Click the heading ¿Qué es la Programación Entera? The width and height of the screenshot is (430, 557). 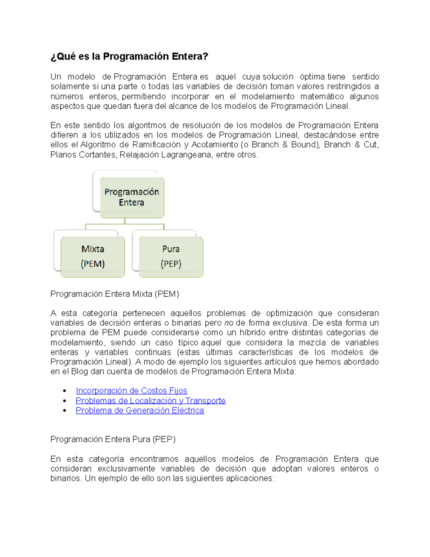click(x=129, y=57)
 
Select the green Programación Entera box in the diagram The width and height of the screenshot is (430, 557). click(x=132, y=197)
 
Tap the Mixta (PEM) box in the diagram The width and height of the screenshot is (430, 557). click(x=93, y=256)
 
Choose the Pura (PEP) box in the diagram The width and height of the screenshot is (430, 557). click(x=171, y=256)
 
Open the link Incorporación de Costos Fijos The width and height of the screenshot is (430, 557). click(x=132, y=391)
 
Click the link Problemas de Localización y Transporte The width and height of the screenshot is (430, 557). click(x=150, y=401)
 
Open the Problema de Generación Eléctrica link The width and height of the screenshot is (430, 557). click(x=140, y=410)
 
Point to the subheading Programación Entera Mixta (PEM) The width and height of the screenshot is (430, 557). click(x=115, y=294)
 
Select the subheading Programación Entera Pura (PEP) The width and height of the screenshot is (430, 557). click(x=113, y=439)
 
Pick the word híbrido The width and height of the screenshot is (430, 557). click(x=252, y=332)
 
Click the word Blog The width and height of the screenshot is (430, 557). click(x=80, y=372)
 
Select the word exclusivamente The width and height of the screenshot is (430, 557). click(x=126, y=469)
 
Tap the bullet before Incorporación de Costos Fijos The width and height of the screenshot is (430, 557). click(x=64, y=391)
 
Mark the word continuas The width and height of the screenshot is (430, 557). click(x=153, y=352)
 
